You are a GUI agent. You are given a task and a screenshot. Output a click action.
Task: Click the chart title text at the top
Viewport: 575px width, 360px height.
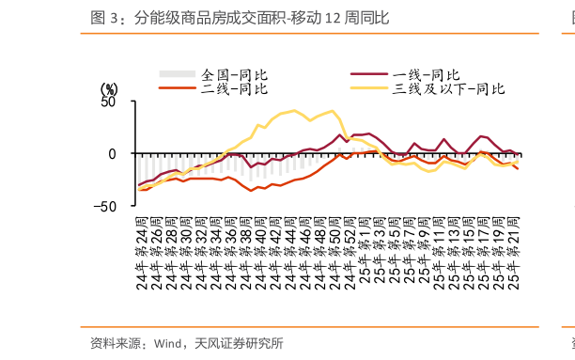240,18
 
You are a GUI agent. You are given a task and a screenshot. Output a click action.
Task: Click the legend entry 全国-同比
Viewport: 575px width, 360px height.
236,74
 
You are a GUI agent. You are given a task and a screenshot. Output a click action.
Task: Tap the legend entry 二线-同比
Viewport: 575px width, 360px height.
236,88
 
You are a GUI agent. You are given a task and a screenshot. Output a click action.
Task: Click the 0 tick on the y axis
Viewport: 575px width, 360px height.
113,154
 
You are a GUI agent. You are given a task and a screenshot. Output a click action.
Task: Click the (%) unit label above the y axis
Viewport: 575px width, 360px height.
109,88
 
